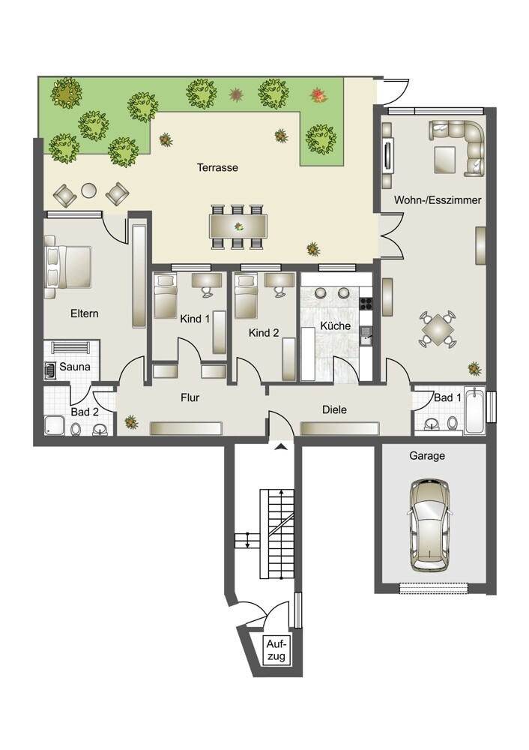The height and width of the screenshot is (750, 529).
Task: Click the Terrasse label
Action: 217,167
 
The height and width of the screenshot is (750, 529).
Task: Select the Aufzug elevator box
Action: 276,649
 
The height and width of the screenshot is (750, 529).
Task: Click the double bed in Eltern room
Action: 67,267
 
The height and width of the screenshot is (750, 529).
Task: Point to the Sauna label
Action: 75,367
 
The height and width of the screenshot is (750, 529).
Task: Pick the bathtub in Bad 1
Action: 475,410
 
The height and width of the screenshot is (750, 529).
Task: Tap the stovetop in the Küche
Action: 366,303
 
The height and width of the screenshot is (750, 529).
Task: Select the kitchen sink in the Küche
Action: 366,334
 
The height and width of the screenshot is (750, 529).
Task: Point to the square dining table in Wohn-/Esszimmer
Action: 438,329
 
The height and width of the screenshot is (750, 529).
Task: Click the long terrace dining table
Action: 238,226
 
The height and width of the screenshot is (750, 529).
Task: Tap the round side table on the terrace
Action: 89,190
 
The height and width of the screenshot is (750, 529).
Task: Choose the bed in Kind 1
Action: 166,295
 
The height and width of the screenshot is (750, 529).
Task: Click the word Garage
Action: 427,456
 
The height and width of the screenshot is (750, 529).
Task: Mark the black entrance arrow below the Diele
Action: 282,447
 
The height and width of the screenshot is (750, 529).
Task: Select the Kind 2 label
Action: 263,333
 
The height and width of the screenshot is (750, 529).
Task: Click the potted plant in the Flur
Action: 130,422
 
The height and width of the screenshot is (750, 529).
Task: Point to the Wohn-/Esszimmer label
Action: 438,200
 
